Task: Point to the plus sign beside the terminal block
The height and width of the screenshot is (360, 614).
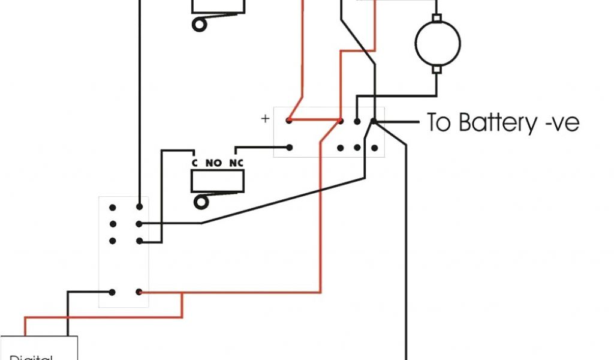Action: pyautogui.click(x=265, y=118)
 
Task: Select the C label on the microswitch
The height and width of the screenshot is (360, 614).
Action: pyautogui.click(x=194, y=163)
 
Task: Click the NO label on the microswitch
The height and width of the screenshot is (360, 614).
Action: pyautogui.click(x=214, y=163)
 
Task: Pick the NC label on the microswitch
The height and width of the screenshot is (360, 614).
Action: pyautogui.click(x=236, y=163)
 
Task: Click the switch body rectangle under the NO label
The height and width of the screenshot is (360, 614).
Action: pyautogui.click(x=218, y=181)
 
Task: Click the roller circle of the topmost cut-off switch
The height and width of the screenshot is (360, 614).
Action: pyautogui.click(x=198, y=25)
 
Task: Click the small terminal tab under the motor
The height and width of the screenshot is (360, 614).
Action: pyautogui.click(x=437, y=70)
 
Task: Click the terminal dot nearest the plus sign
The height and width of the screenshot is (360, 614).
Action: pyautogui.click(x=289, y=121)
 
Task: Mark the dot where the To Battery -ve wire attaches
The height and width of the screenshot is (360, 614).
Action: pyautogui.click(x=373, y=121)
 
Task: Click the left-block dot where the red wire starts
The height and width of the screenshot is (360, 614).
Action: pyautogui.click(x=139, y=293)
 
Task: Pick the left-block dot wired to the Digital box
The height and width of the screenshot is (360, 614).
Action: pyautogui.click(x=112, y=293)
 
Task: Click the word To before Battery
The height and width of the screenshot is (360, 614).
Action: pyautogui.click(x=440, y=122)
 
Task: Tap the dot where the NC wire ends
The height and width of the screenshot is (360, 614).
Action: pyautogui.click(x=289, y=147)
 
